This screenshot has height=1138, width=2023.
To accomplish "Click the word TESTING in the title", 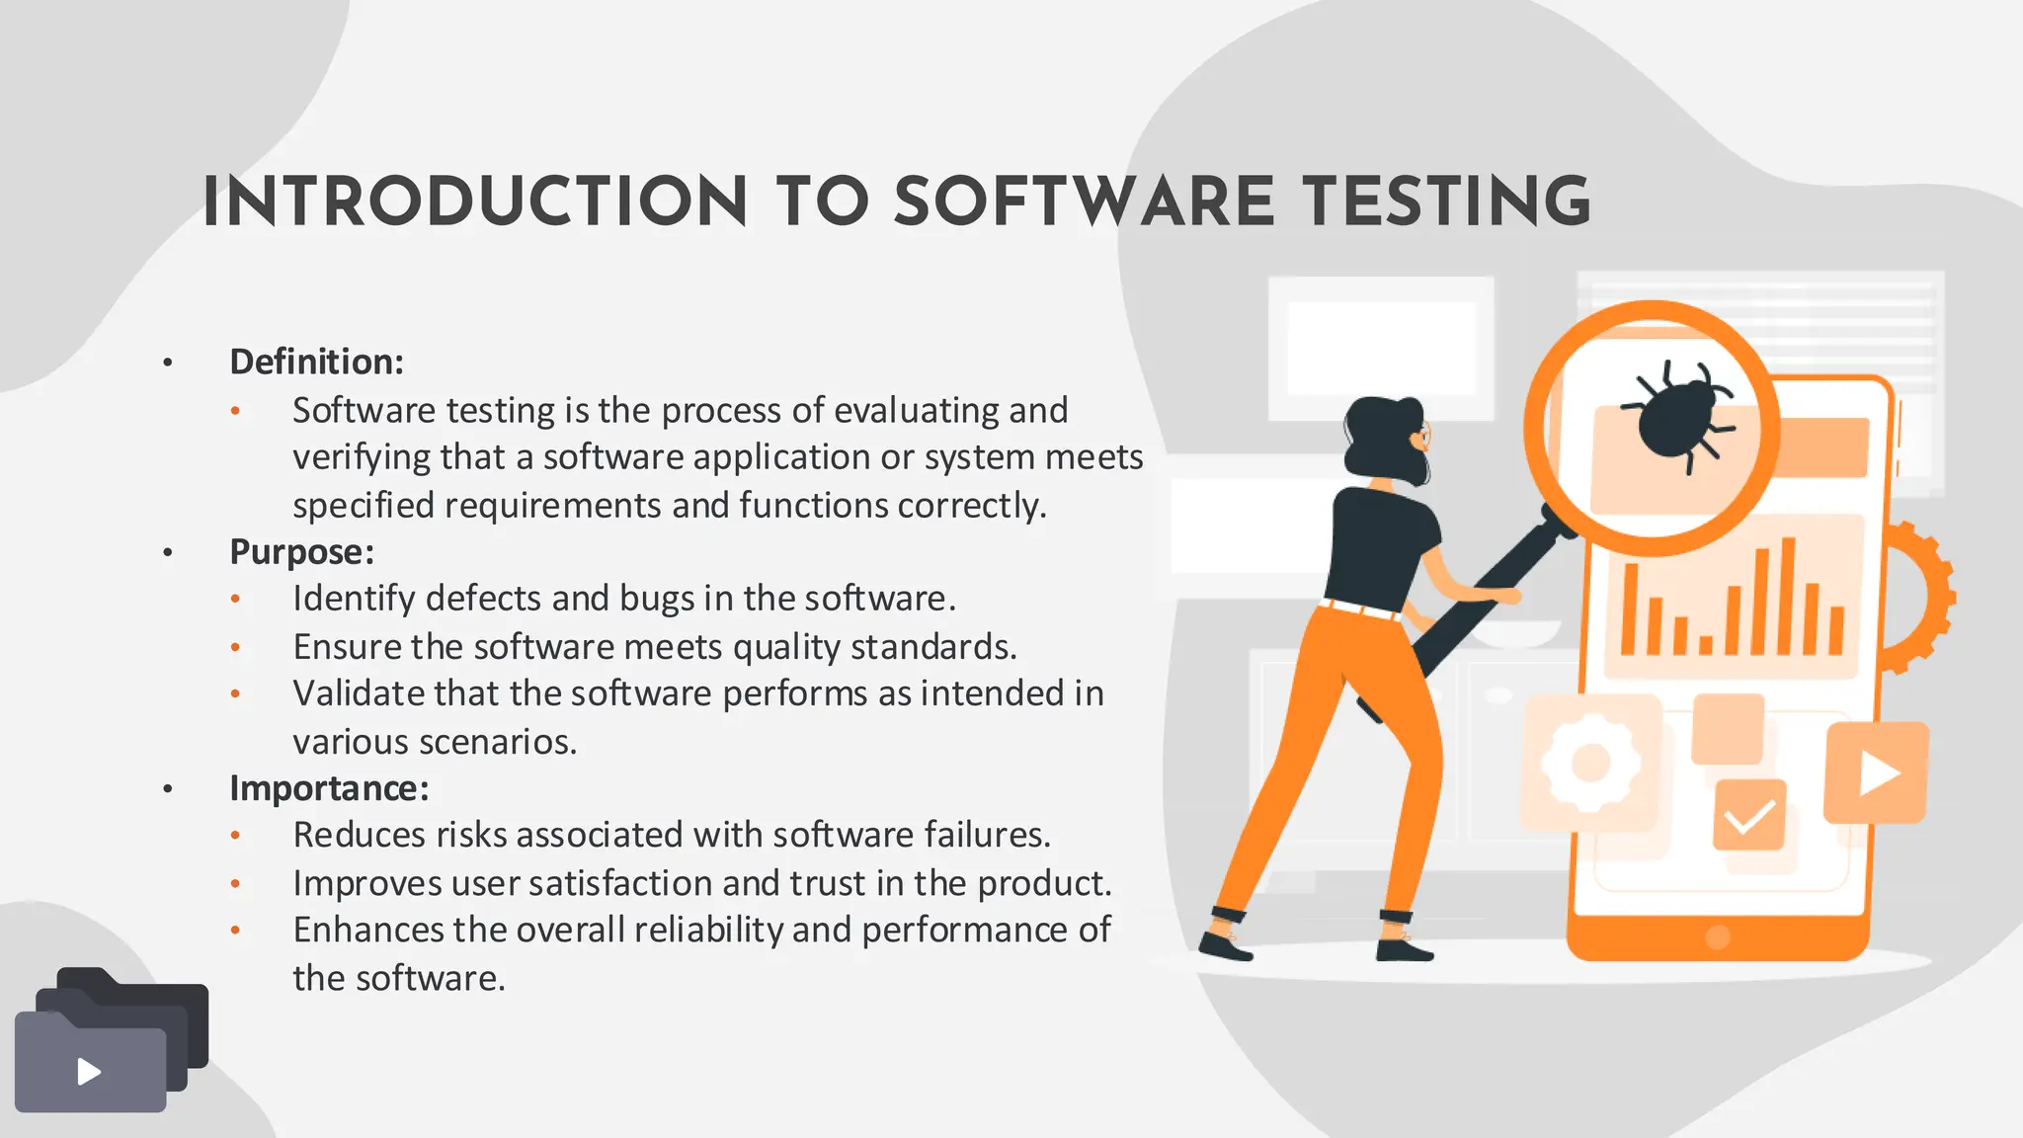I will pos(1446,203).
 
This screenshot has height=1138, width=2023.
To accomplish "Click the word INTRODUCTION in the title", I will pos(475,203).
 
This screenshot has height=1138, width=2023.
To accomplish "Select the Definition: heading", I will pos(316,362).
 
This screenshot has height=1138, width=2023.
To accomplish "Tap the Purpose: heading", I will pos(301,551).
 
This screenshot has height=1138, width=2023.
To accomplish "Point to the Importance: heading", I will pos(329,788).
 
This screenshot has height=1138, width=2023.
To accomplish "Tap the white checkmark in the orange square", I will pos(1749,816).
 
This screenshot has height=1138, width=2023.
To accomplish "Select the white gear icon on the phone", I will pos(1590,763).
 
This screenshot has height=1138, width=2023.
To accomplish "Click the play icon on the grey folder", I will pos(89,1072).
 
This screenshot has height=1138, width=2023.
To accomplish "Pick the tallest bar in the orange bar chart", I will pos(1787,596).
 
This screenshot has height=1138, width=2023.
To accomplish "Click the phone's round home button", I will pos(1718,936).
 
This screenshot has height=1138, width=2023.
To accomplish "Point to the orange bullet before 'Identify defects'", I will pos(235,600).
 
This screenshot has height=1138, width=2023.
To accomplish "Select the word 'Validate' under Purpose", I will pos(357,693).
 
